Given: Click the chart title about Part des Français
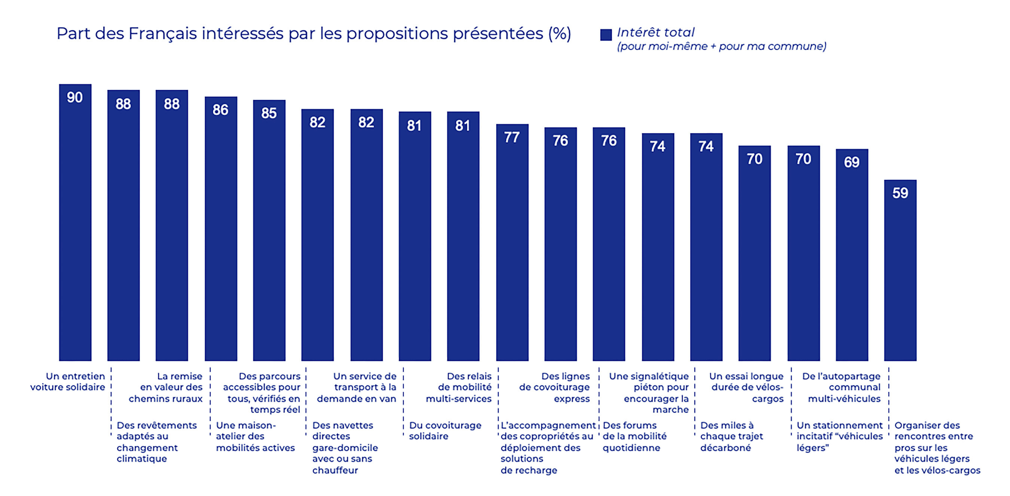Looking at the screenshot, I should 314,34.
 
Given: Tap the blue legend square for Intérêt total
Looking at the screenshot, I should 606,35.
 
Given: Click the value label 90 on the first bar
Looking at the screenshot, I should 75,98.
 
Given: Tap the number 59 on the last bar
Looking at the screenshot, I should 900,193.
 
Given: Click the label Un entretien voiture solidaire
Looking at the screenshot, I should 68,382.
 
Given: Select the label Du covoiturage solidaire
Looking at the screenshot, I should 445,431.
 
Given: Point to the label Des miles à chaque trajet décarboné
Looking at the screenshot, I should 732,437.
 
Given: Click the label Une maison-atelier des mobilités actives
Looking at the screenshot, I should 255,437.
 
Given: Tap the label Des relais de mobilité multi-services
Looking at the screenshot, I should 459,388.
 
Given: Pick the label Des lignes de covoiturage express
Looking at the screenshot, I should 554,388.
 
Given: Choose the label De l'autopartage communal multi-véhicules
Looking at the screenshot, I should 841,388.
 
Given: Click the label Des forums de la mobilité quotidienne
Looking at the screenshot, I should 634,437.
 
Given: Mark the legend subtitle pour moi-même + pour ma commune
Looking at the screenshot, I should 722,47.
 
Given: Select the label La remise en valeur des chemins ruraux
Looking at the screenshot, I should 166,388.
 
